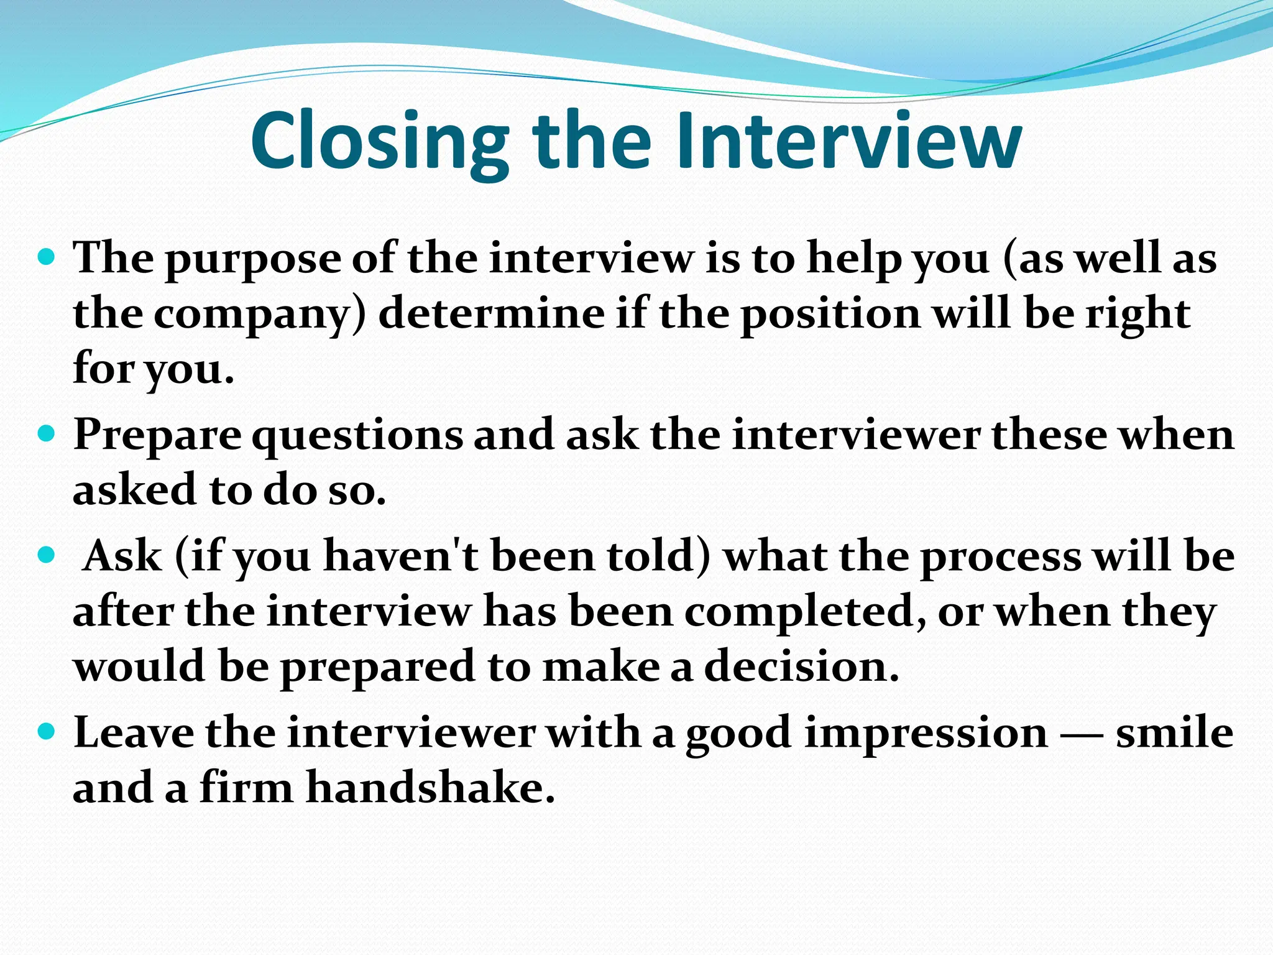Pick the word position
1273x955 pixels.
click(830, 315)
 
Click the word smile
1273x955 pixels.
click(1174, 732)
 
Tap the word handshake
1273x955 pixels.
click(430, 788)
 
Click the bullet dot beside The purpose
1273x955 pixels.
click(47, 256)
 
